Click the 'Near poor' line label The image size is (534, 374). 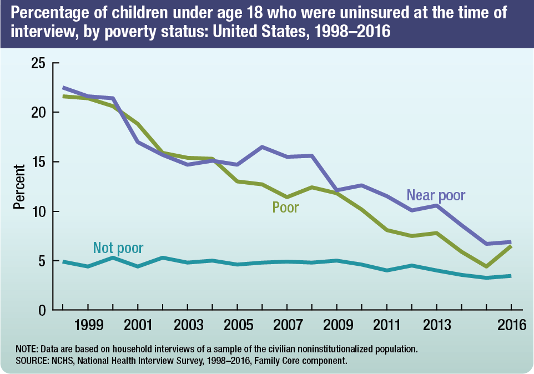pos(436,195)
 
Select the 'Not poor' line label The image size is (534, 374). pos(118,247)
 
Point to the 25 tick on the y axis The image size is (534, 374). pos(38,63)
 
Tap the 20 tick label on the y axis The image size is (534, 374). pos(38,112)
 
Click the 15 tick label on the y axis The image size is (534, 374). pos(38,162)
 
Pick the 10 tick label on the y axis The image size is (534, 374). pos(38,211)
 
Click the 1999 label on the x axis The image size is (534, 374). pos(88,325)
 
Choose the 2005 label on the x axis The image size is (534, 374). pos(237,325)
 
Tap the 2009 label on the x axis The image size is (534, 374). pos(336,325)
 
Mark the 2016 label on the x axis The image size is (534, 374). pos(511,325)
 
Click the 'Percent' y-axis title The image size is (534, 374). pos(19,186)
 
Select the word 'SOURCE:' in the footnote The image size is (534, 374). pos(32,361)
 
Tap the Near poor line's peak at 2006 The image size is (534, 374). pos(262,146)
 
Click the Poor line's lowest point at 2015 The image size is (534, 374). pos(486,267)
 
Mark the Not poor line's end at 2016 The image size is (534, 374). pos(511,276)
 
